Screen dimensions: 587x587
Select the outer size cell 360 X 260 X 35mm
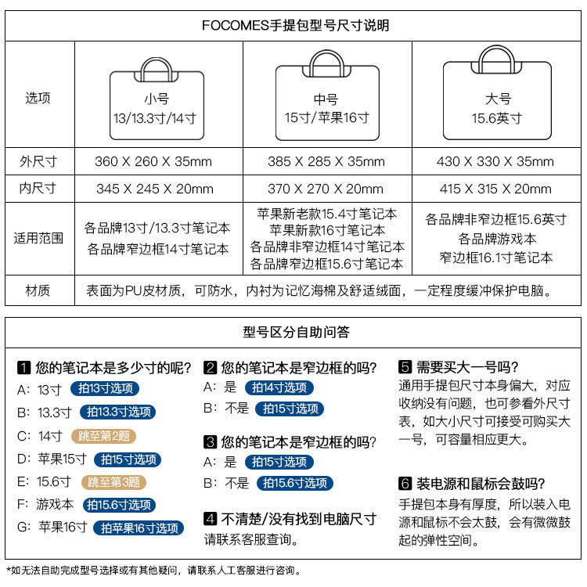[153, 162]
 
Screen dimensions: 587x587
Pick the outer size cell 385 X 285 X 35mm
[326, 162]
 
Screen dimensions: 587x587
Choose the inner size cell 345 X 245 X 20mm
[153, 189]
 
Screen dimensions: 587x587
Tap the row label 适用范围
[38, 237]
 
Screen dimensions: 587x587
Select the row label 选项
[38, 99]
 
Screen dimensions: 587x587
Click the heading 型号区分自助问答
[297, 332]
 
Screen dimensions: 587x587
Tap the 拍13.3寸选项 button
[117, 412]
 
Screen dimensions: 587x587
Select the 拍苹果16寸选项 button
[139, 528]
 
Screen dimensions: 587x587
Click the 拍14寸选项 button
[279, 387]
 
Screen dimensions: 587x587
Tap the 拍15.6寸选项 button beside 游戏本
[119, 505]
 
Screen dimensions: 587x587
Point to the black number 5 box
[405, 366]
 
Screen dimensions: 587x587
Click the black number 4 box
[210, 518]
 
